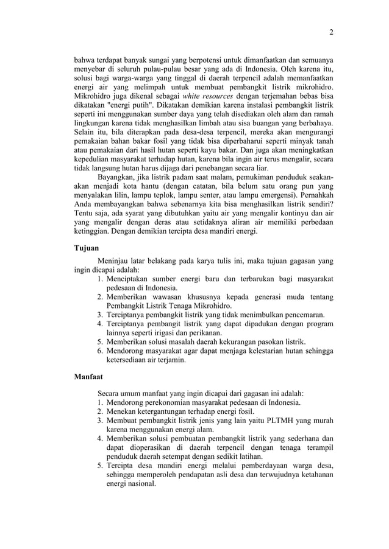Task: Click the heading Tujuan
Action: click(x=85, y=249)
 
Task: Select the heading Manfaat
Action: click(x=88, y=377)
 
